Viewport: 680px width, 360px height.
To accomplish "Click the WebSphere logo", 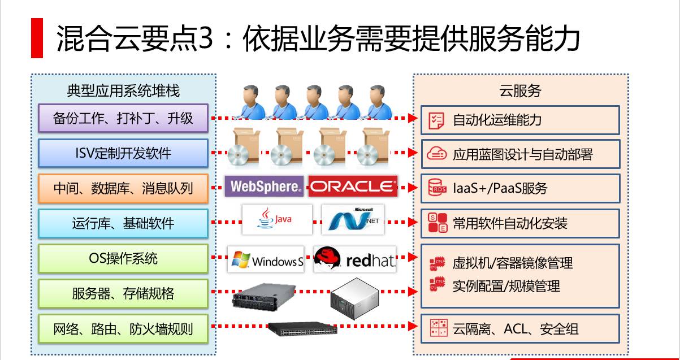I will click(264, 186).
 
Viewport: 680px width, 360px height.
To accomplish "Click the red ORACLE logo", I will click(353, 186).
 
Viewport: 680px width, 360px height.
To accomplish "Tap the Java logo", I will click(276, 219).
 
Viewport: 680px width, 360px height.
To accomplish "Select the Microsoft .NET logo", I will click(353, 219).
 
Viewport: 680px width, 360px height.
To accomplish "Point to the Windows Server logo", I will click(266, 260).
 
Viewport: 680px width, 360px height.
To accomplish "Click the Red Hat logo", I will click(355, 259).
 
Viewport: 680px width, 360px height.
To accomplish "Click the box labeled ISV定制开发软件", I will click(123, 153).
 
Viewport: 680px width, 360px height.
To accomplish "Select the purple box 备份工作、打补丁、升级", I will click(123, 118).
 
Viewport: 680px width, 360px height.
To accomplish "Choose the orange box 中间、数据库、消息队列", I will click(123, 188).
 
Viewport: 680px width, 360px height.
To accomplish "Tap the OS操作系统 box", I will click(123, 258).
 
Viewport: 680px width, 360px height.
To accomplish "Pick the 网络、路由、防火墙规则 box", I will click(123, 328).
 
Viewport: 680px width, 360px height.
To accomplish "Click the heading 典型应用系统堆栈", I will click(123, 90).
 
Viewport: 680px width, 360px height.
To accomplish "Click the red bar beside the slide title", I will click(37, 38).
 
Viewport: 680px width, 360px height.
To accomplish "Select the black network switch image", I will click(302, 328).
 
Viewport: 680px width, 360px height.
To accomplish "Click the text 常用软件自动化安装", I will click(510, 223).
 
